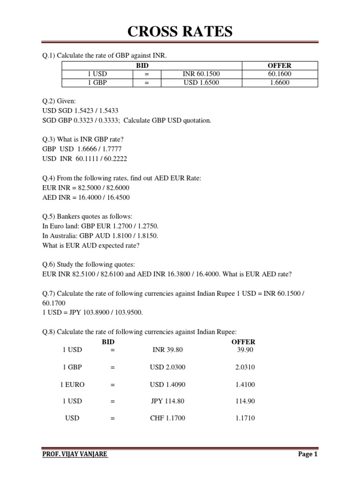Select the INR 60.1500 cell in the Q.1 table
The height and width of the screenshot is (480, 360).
tap(201, 74)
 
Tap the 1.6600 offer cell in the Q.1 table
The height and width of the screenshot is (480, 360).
tap(280, 83)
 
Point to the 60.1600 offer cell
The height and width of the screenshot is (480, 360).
tap(280, 74)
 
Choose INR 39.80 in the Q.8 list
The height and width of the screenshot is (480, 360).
tap(166, 350)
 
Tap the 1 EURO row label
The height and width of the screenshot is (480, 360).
tap(73, 384)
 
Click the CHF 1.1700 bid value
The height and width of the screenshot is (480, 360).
tap(167, 418)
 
